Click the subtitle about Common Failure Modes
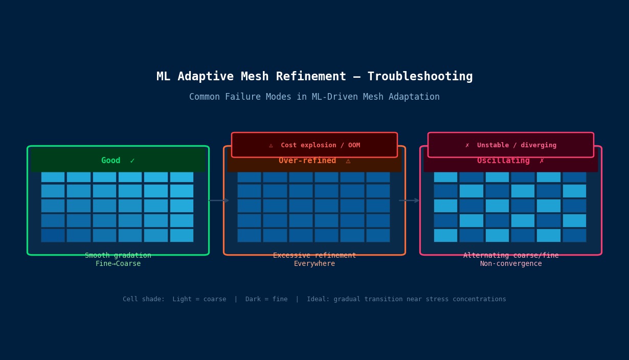(x=314, y=97)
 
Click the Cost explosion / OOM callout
(x=314, y=145)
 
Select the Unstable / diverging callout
(x=510, y=145)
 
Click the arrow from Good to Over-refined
(x=218, y=200)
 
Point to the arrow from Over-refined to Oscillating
(x=409, y=200)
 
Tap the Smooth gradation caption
(x=118, y=256)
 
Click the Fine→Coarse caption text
(x=118, y=264)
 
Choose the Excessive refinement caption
(x=314, y=256)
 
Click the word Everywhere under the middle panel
(x=314, y=264)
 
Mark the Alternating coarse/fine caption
(x=510, y=256)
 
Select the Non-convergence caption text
(x=510, y=264)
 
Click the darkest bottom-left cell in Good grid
(x=53, y=235)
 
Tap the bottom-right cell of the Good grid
(x=182, y=235)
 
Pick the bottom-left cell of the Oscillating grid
(x=445, y=235)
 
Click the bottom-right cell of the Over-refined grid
(x=378, y=235)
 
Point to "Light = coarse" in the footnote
(x=199, y=299)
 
